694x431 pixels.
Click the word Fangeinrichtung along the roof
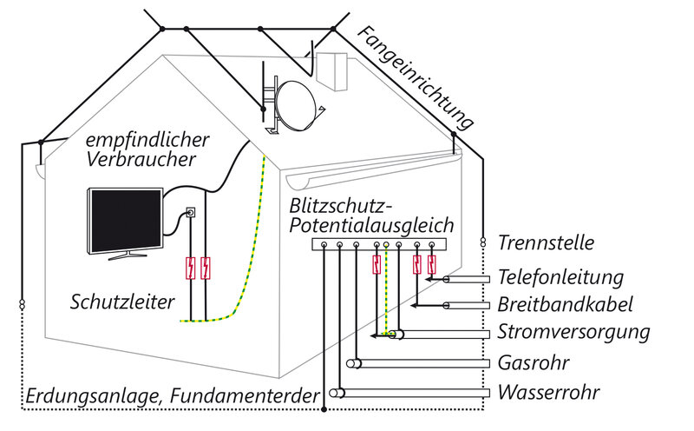coord(416,78)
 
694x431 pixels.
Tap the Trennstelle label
coord(546,242)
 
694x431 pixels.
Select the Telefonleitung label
coord(560,277)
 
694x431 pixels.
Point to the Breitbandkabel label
coord(565,304)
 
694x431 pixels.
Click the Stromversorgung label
coord(573,333)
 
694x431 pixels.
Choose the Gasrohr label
coord(534,362)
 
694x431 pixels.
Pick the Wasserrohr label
coord(549,392)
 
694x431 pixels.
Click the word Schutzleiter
coord(122,302)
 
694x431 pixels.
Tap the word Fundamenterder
coord(245,395)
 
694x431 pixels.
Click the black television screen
coord(126,221)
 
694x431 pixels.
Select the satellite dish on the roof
coord(296,105)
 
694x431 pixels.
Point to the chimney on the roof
coord(331,71)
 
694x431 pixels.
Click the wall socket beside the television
coord(191,213)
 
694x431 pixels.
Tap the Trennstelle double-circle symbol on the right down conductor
coord(483,242)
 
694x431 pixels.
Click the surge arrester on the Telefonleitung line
coord(431,265)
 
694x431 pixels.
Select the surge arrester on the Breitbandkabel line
coord(416,265)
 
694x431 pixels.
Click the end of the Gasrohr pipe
coord(353,363)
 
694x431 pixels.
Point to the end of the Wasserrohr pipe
coord(337,393)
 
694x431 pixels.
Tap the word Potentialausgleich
coord(371,226)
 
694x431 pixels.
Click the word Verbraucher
coord(141,159)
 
